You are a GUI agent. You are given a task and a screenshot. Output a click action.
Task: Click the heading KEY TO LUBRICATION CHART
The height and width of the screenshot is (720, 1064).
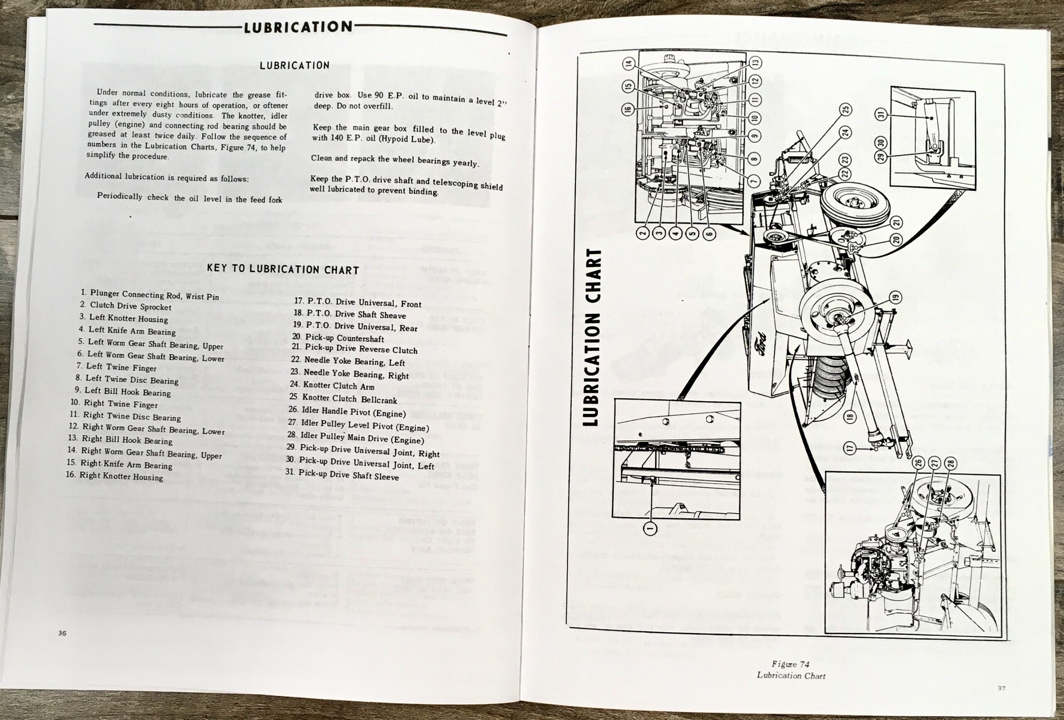coord(283,269)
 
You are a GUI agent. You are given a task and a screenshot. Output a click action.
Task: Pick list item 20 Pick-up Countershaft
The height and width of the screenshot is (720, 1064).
coord(338,338)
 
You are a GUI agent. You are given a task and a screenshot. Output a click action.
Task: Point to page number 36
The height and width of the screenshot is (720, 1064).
coord(62,634)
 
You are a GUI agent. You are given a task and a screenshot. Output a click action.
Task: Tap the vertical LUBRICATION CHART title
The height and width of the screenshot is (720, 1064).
coord(594,337)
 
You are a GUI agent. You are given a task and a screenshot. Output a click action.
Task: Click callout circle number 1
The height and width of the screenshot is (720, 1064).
coord(650,528)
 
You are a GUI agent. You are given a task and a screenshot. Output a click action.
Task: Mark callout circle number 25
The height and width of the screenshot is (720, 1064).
coord(845,109)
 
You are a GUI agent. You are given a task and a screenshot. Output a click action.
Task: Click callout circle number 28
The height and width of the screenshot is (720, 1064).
coord(951,463)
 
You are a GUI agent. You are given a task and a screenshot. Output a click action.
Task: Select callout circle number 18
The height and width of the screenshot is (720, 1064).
coord(850,417)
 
